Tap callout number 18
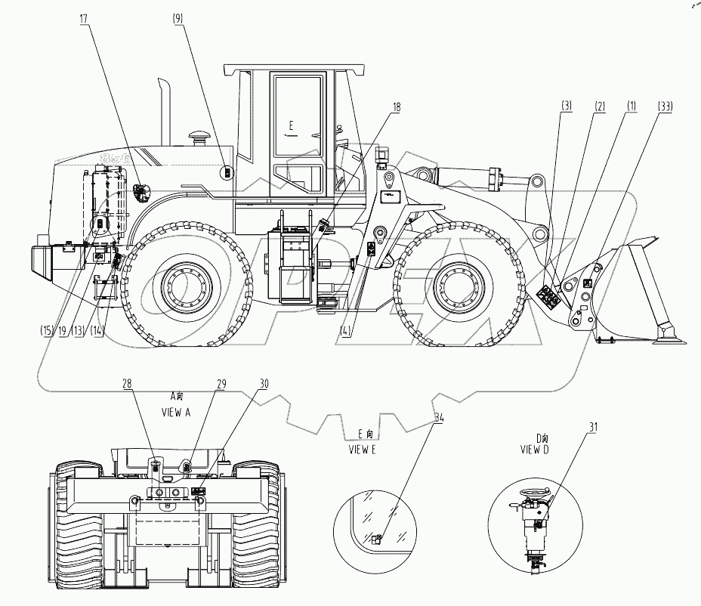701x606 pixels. (x=396, y=107)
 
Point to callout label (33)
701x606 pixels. (x=665, y=107)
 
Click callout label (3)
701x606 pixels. (x=566, y=107)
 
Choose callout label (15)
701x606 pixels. (x=48, y=330)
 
